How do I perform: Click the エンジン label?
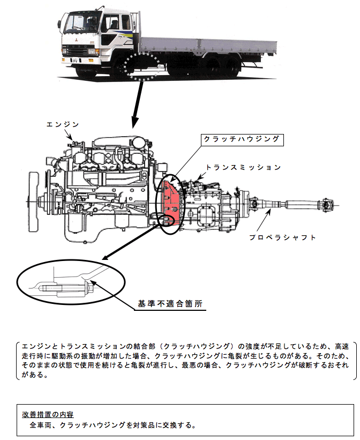[x=63, y=124]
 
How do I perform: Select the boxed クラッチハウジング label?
[x=241, y=139]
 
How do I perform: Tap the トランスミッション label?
[x=244, y=168]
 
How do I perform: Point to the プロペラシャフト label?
[x=283, y=237]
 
